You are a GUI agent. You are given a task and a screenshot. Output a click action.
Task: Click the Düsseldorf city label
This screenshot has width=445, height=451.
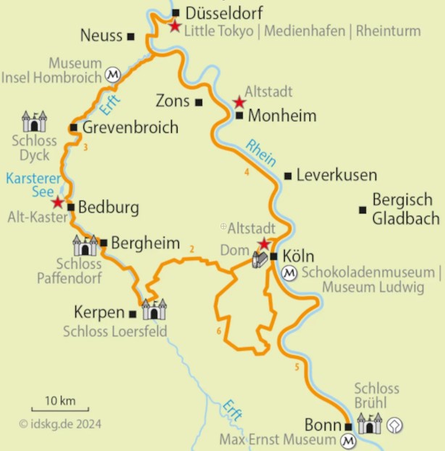click(x=224, y=12)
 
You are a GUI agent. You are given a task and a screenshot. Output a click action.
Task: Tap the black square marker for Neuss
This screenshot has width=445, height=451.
click(x=130, y=36)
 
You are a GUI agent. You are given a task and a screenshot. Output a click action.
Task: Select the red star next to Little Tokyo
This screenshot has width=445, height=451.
click(x=175, y=26)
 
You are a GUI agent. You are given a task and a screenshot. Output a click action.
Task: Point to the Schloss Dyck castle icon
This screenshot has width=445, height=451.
click(x=34, y=121)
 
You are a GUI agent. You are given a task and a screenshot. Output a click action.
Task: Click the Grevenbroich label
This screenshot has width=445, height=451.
click(x=130, y=128)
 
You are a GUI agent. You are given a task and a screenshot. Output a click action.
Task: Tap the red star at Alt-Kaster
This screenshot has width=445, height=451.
click(x=58, y=201)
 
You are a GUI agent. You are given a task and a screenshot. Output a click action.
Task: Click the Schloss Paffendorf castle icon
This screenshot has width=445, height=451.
click(x=85, y=245)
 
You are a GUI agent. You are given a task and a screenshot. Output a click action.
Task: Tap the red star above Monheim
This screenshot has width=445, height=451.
click(x=239, y=102)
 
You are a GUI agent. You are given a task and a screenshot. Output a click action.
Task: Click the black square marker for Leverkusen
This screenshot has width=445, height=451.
click(x=288, y=176)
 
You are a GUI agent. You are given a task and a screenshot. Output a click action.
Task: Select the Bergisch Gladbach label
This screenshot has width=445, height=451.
click(x=405, y=208)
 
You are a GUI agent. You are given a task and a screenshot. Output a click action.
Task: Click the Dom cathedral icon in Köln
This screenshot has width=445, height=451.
click(x=259, y=259)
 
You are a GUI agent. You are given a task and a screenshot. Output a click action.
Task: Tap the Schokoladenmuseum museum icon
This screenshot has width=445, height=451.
click(x=289, y=273)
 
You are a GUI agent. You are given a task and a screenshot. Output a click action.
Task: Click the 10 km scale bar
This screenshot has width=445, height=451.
click(x=59, y=410)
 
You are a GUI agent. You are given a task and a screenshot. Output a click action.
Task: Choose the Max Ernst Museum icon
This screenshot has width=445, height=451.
click(x=349, y=441)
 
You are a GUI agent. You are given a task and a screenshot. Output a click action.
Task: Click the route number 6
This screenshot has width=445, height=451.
click(x=218, y=332)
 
